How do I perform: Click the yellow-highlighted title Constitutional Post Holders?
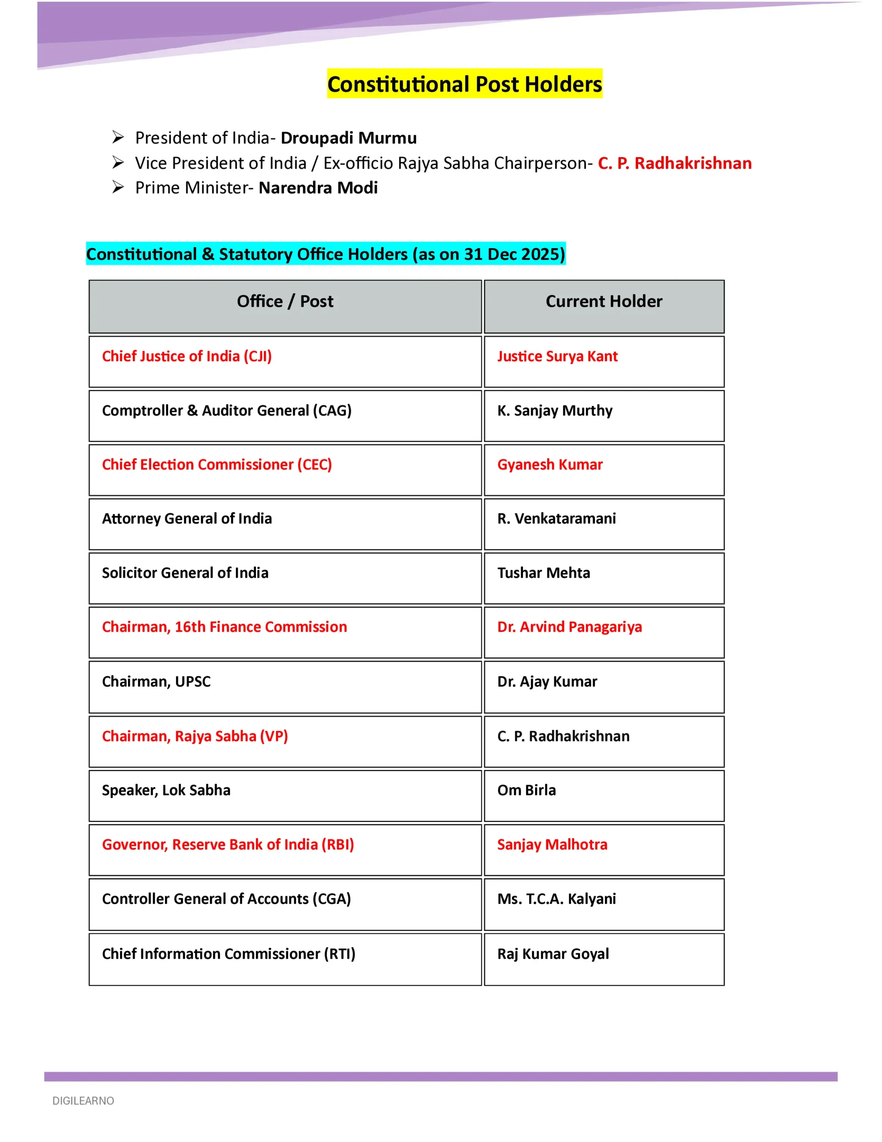[x=464, y=84]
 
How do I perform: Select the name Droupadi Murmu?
[x=349, y=138]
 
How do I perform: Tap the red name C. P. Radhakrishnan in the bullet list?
[x=675, y=163]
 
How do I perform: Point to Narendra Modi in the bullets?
[x=318, y=188]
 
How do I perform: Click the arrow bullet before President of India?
[x=118, y=137]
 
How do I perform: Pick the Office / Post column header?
[x=285, y=302]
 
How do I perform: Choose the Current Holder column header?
[x=604, y=302]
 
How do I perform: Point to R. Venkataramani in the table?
[x=556, y=519]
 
